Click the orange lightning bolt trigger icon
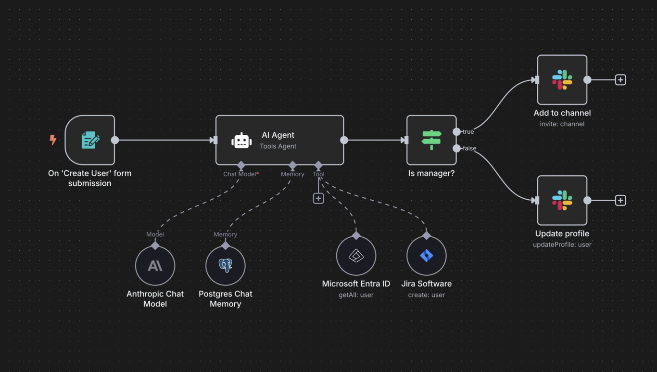pyautogui.click(x=53, y=140)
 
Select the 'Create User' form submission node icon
pyautogui.click(x=90, y=140)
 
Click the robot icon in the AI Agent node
pyautogui.click(x=241, y=141)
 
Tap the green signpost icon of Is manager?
pyautogui.click(x=431, y=140)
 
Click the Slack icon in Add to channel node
pyautogui.click(x=562, y=80)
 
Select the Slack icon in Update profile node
pyautogui.click(x=562, y=200)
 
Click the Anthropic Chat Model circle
pyautogui.click(x=155, y=266)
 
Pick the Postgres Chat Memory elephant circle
pyautogui.click(x=226, y=266)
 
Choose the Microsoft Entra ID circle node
pyautogui.click(x=356, y=256)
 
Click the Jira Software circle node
pyautogui.click(x=427, y=256)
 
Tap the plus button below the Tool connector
pyautogui.click(x=318, y=198)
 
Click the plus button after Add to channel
pyautogui.click(x=620, y=80)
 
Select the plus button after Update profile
pyautogui.click(x=620, y=200)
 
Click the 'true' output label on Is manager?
pyautogui.click(x=468, y=132)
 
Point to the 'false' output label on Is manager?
pyautogui.click(x=469, y=149)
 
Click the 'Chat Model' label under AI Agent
pyautogui.click(x=240, y=174)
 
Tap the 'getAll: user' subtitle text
pyautogui.click(x=356, y=295)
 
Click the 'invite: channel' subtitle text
pyautogui.click(x=562, y=124)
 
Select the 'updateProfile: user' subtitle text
pyautogui.click(x=562, y=244)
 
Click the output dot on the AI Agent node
pyautogui.click(x=344, y=140)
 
